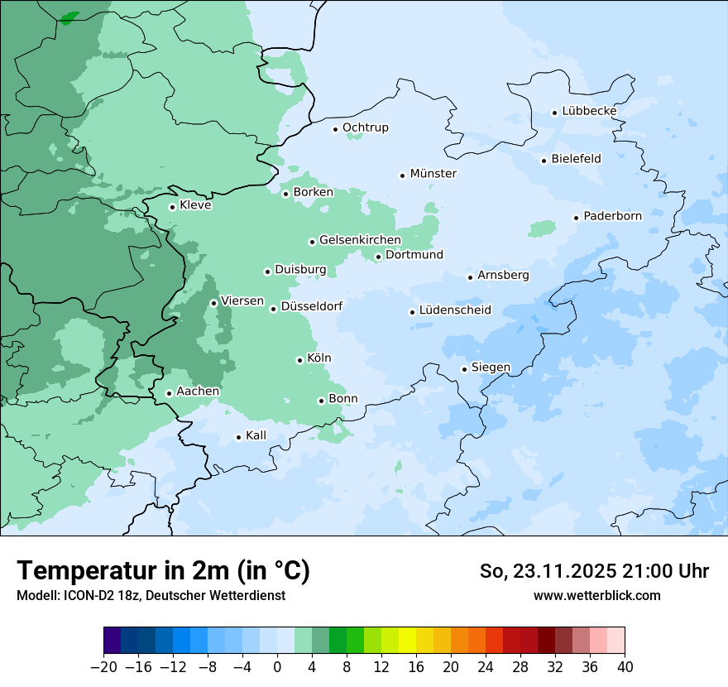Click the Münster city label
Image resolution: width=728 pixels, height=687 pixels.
pyautogui.click(x=433, y=174)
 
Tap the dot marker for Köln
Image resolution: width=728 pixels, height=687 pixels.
pyautogui.click(x=299, y=360)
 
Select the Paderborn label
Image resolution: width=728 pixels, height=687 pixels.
pyautogui.click(x=612, y=217)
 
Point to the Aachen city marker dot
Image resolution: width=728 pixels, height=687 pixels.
pyautogui.click(x=169, y=393)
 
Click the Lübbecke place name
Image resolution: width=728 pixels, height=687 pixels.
pyautogui.click(x=589, y=111)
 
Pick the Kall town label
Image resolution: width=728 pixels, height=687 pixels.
pyautogui.click(x=256, y=435)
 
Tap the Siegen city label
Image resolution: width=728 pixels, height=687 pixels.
pyautogui.click(x=491, y=368)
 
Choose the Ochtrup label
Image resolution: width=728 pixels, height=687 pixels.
pyautogui.click(x=365, y=127)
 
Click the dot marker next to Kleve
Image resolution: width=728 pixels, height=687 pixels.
pyautogui.click(x=172, y=207)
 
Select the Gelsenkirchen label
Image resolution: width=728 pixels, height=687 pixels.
pyautogui.click(x=360, y=240)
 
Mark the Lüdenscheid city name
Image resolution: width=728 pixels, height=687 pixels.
pyautogui.click(x=455, y=310)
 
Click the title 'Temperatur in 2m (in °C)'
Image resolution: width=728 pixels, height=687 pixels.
pyautogui.click(x=163, y=570)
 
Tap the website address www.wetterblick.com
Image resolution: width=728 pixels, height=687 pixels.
pyautogui.click(x=596, y=595)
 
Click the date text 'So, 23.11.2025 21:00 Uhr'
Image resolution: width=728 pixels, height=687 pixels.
pyautogui.click(x=594, y=571)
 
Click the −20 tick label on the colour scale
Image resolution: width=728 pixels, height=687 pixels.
pyautogui.click(x=103, y=667)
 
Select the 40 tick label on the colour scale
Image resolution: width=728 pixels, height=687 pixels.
pyautogui.click(x=625, y=667)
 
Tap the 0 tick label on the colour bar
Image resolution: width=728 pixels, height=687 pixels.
pyautogui.click(x=277, y=667)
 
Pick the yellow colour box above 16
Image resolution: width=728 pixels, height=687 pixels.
pyautogui.click(x=407, y=641)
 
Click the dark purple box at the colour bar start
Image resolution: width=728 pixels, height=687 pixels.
pyautogui.click(x=112, y=641)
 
